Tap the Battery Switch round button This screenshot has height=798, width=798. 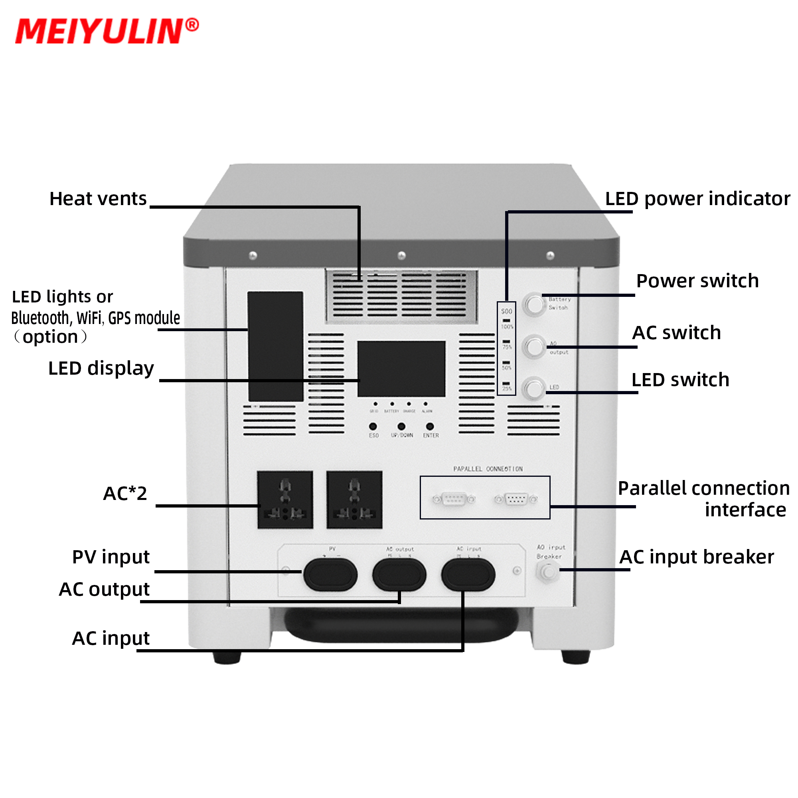click(x=535, y=304)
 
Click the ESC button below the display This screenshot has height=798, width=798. click(x=373, y=426)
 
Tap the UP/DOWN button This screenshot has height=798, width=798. click(x=401, y=426)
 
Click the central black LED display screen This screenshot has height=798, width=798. click(x=401, y=368)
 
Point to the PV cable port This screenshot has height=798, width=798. click(x=330, y=575)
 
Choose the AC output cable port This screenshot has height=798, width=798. click(x=399, y=575)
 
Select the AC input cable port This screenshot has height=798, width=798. click(x=468, y=575)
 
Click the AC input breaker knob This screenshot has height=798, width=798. click(x=548, y=572)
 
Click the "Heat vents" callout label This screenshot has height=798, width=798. click(x=98, y=199)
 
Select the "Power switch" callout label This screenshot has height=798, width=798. click(x=697, y=281)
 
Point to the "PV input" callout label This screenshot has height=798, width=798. click(x=111, y=557)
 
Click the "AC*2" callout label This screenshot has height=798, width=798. click(x=125, y=493)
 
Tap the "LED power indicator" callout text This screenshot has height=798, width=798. click(x=697, y=199)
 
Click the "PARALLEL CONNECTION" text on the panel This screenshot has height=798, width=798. click(x=488, y=469)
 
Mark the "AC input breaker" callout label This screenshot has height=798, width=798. click(x=696, y=557)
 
